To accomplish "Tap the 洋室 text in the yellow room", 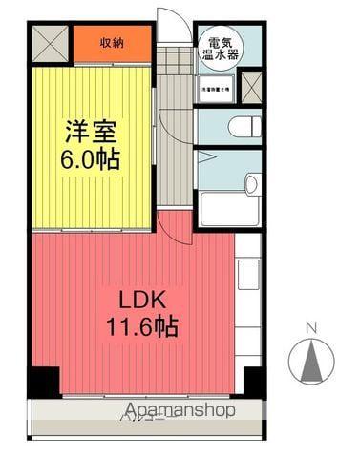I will pos(93,130).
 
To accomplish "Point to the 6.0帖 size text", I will pos(93,157).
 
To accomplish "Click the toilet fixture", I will pos(244,125).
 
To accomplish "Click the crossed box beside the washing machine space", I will pos(251,88).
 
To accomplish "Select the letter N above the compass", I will pos(310,329).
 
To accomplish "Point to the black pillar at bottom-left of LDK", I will pos(42,382).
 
